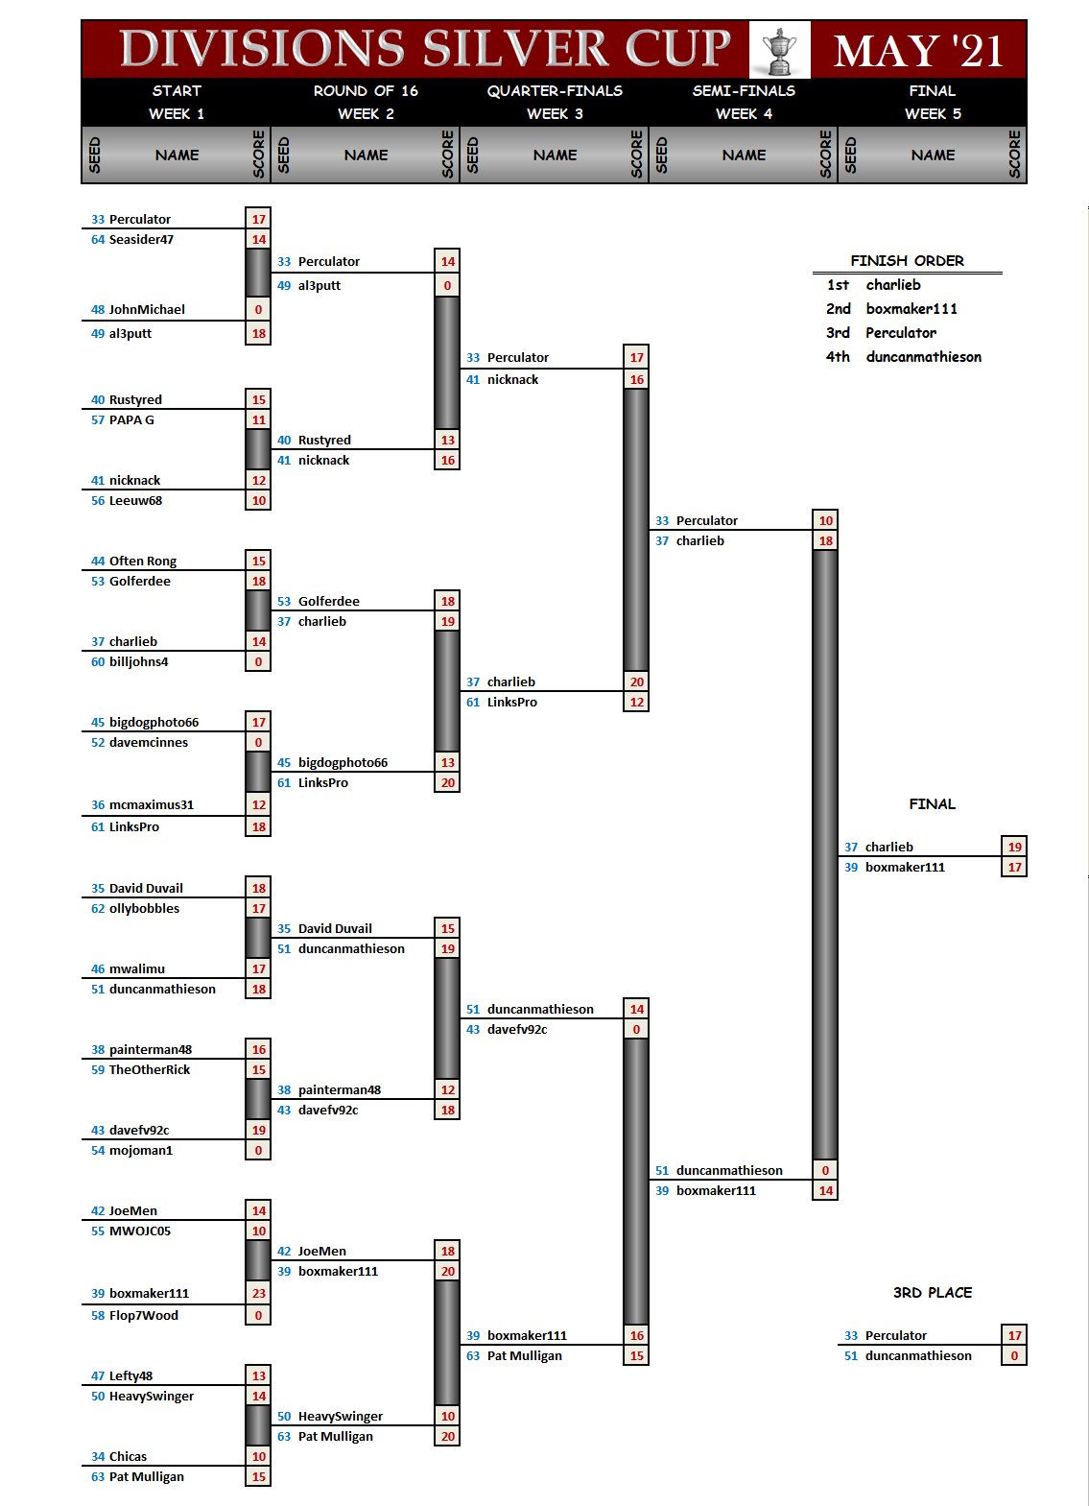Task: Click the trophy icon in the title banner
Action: [779, 50]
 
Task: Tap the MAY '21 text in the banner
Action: [918, 51]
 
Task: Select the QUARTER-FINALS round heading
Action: [555, 91]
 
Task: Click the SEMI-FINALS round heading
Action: [744, 91]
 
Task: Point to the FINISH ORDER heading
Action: [907, 261]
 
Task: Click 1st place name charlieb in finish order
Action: [893, 285]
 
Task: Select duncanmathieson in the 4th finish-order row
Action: [923, 357]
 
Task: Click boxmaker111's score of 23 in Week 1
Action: [259, 1293]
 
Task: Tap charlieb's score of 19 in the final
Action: [1015, 847]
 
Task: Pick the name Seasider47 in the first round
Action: [141, 240]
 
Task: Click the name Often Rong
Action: [143, 562]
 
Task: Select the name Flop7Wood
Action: [144, 1316]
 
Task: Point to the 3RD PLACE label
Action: [933, 1293]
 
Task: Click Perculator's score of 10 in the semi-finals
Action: [826, 520]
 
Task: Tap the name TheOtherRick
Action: [150, 1070]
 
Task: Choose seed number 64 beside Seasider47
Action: [98, 240]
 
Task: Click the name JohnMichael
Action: [147, 310]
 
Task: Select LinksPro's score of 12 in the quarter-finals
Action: [637, 703]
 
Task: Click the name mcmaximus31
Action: [152, 805]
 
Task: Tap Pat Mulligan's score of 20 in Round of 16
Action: [448, 1437]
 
